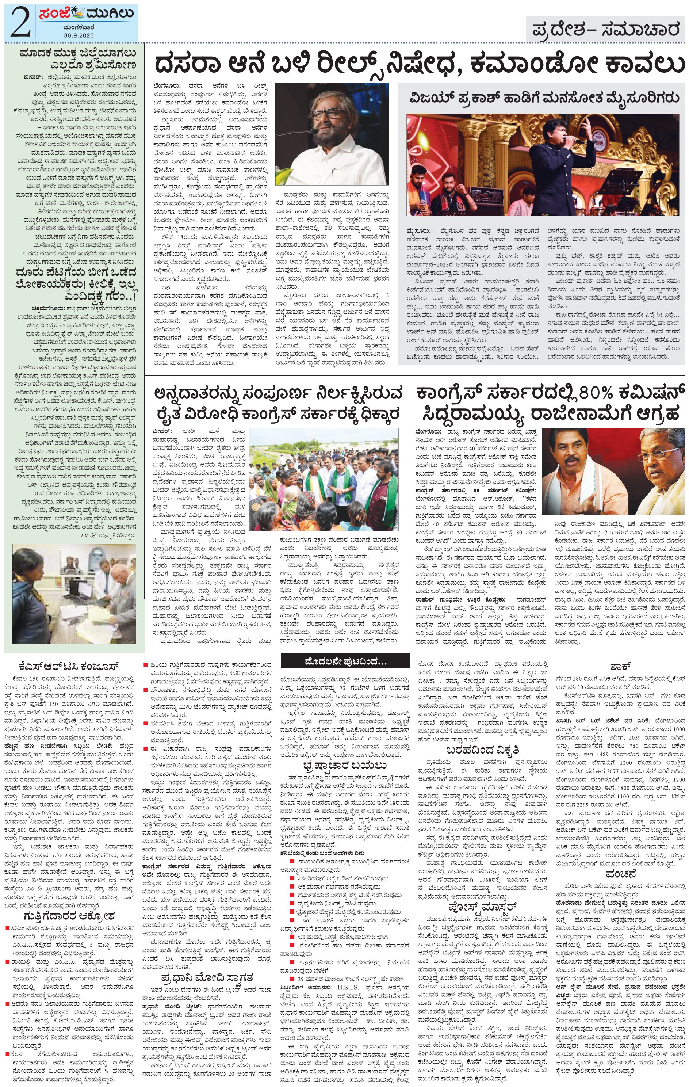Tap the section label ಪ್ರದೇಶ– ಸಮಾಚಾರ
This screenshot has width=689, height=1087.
(605, 31)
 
